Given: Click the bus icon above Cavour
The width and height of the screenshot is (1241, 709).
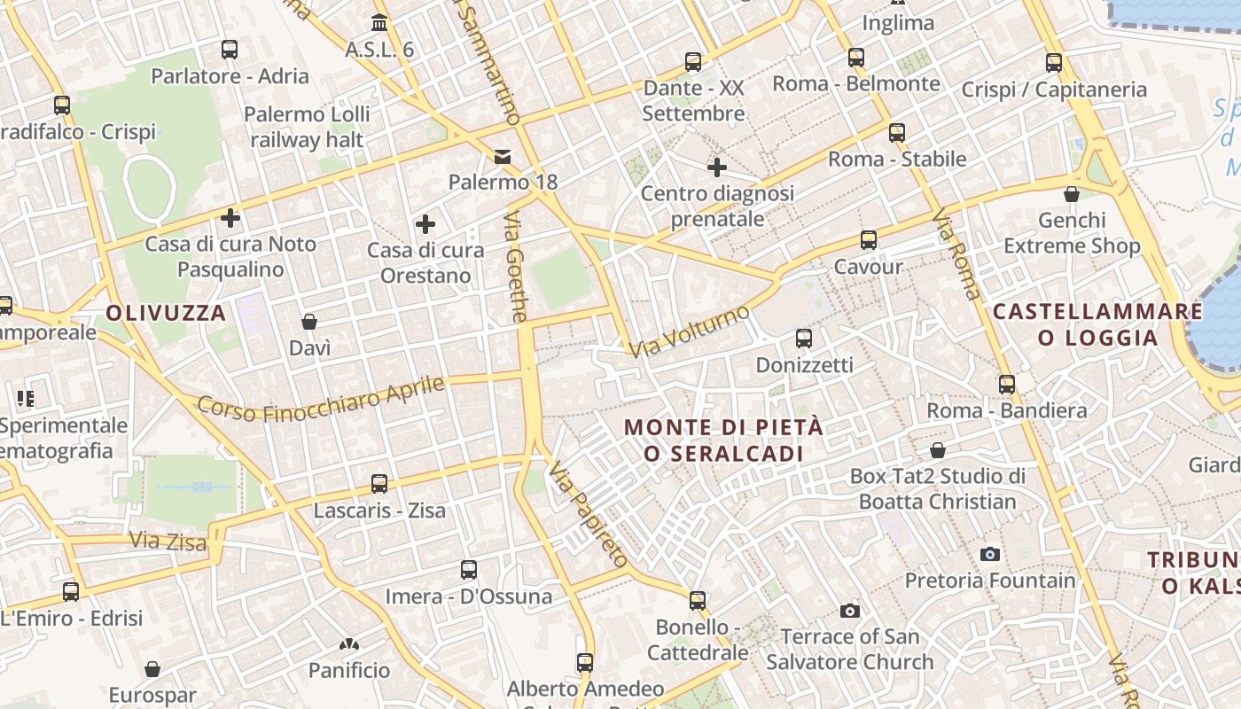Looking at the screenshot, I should (869, 240).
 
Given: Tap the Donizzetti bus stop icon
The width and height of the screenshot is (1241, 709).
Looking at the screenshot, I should (804, 339).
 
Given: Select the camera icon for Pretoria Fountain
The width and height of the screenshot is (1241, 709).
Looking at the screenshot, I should (990, 554).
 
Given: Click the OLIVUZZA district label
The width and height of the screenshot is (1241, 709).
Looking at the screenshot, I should (166, 313).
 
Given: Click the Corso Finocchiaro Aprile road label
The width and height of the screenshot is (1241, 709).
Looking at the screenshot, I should (320, 398).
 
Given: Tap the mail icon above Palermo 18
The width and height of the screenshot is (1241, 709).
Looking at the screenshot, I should (503, 157).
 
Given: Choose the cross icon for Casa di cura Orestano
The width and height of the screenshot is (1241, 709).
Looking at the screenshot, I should (425, 224).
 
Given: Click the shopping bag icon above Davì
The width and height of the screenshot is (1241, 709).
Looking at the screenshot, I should (309, 322).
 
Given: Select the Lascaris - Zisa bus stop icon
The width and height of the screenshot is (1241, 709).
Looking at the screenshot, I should (379, 484).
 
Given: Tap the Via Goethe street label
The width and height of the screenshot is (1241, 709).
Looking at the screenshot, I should (517, 267).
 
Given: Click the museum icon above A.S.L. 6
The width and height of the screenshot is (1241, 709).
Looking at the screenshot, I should (380, 22).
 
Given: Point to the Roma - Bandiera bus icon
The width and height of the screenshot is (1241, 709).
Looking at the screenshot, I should (1007, 385).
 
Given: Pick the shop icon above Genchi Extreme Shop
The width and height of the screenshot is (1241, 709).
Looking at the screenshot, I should (1072, 194).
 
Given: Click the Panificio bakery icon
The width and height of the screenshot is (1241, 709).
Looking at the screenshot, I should (349, 644).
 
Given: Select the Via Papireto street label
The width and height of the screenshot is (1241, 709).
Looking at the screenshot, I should (588, 515).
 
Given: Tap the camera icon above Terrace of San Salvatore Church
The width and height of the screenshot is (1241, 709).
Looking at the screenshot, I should (850, 611).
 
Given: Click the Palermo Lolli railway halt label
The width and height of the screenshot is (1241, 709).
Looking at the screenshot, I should (307, 127).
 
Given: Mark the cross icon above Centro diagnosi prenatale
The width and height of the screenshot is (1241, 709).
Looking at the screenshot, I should (717, 167).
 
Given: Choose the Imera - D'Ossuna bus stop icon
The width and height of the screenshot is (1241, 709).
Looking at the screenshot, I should (469, 570).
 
